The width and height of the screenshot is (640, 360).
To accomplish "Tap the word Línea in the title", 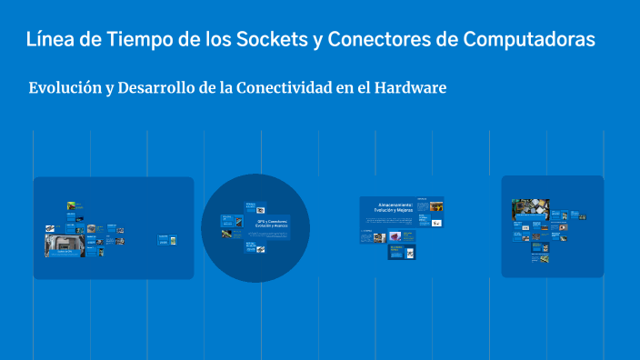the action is tap(50, 39).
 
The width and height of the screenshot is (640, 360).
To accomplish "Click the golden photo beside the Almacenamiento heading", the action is tap(436, 205).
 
